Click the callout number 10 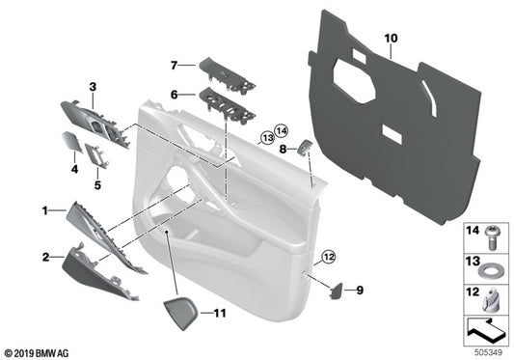(x=390, y=39)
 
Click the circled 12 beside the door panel (x=328, y=256)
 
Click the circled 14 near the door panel (x=281, y=130)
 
